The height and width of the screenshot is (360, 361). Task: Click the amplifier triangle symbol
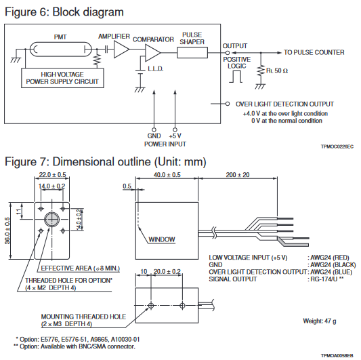pyautogui.click(x=121, y=49)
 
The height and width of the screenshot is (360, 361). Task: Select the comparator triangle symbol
pyautogui.click(x=152, y=53)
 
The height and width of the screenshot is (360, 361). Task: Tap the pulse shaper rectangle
pyautogui.click(x=192, y=53)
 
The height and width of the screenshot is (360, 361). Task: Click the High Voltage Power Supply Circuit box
pyautogui.click(x=62, y=78)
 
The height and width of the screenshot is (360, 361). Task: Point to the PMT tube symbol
pyautogui.click(x=60, y=49)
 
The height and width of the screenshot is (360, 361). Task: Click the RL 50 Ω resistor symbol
pyautogui.click(x=261, y=71)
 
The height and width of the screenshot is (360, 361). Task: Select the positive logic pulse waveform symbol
pyautogui.click(x=236, y=77)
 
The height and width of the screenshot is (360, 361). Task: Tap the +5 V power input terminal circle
pyautogui.click(x=175, y=129)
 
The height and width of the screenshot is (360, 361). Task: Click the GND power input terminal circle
pyautogui.click(x=154, y=129)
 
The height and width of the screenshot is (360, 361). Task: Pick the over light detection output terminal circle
pyautogui.click(x=228, y=104)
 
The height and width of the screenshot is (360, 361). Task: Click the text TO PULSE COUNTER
pyautogui.click(x=314, y=53)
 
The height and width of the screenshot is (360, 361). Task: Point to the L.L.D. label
pyautogui.click(x=156, y=68)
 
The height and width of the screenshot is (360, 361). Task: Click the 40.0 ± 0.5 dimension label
pyautogui.click(x=167, y=175)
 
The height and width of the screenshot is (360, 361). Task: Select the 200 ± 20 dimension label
pyautogui.click(x=238, y=175)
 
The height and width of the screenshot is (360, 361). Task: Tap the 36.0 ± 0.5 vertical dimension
pyautogui.click(x=7, y=231)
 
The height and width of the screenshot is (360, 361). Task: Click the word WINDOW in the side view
pyautogui.click(x=162, y=239)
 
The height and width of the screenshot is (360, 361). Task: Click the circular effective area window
pyautogui.click(x=51, y=220)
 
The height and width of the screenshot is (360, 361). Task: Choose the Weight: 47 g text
pyautogui.click(x=320, y=321)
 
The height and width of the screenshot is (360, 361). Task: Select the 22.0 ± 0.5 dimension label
pyautogui.click(x=52, y=175)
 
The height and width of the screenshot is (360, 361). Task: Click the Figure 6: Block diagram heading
pyautogui.click(x=64, y=12)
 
